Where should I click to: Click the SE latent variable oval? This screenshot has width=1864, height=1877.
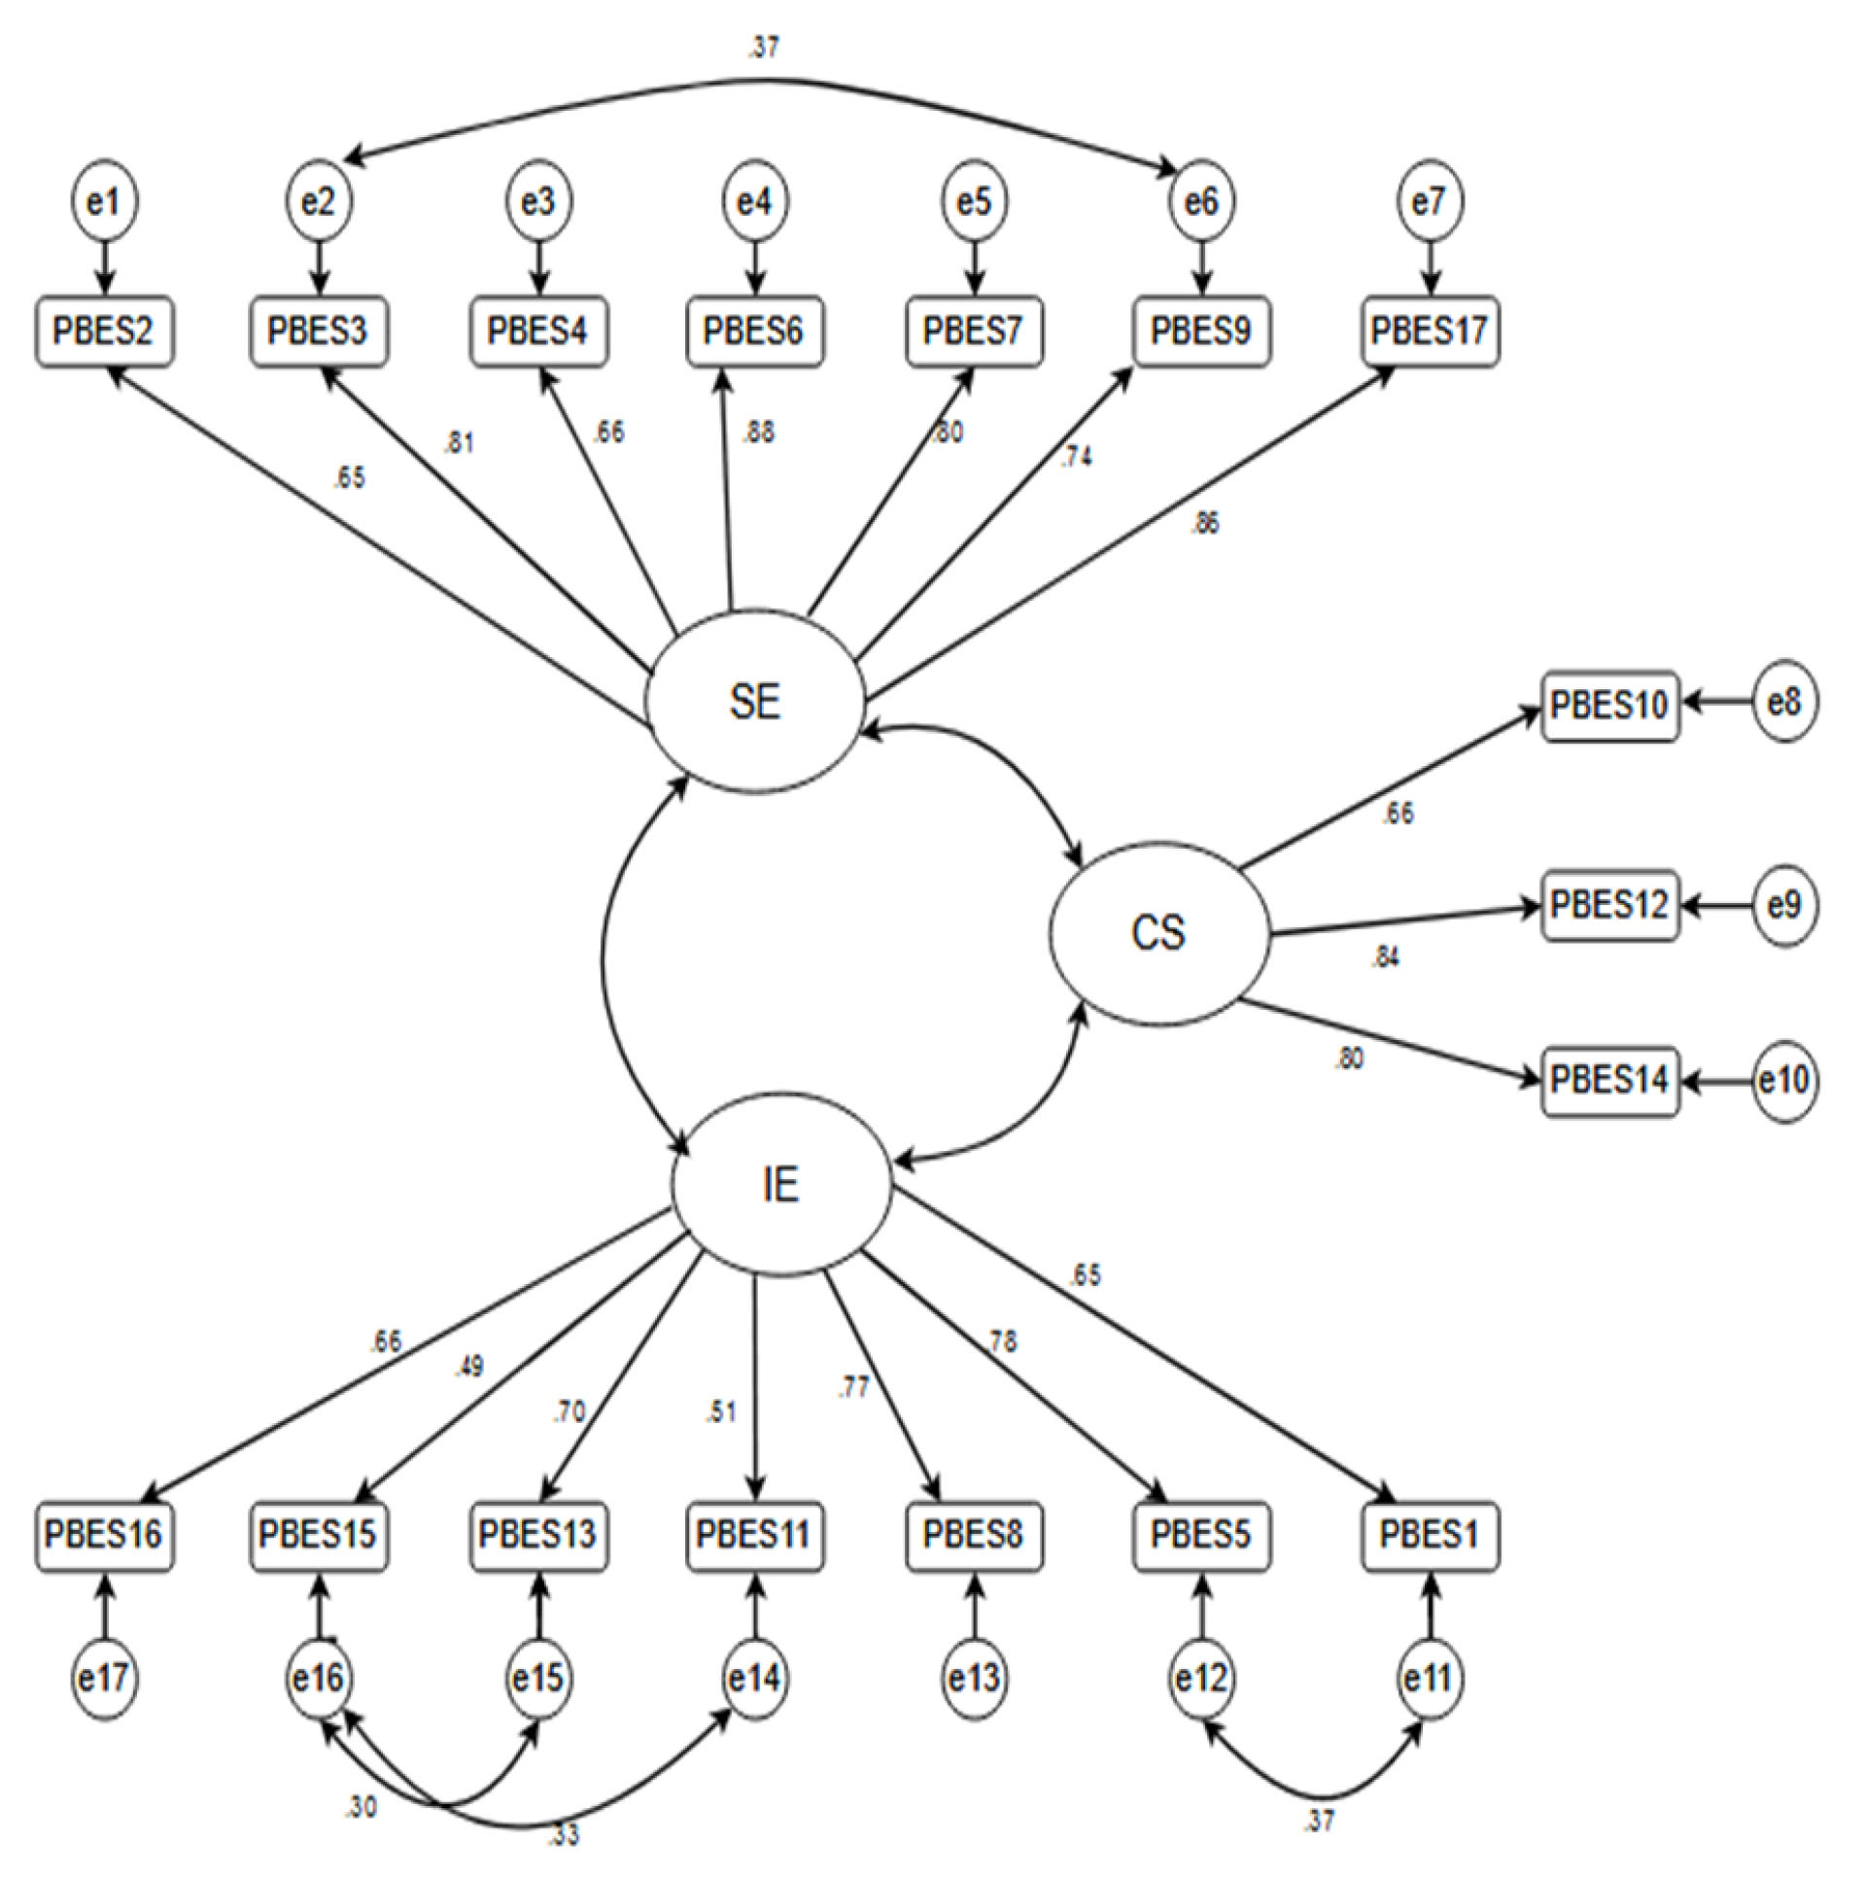(x=755, y=701)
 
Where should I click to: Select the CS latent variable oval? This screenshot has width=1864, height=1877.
(x=1158, y=933)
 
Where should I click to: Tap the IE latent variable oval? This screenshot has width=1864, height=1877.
(x=781, y=1185)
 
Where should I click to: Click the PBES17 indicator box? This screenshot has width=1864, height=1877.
(x=1429, y=331)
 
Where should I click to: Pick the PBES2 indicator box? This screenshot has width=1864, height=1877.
(x=105, y=331)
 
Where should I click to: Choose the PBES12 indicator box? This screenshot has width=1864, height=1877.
(x=1609, y=905)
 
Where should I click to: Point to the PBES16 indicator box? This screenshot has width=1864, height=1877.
(x=105, y=1535)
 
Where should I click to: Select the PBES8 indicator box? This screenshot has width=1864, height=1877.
(x=974, y=1535)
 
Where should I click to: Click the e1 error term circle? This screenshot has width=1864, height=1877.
(x=105, y=201)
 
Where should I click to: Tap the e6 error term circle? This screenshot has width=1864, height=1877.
(x=1202, y=201)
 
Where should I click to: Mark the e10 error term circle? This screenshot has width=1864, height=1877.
(x=1784, y=1080)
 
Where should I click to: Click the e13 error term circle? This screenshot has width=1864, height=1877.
(x=974, y=1678)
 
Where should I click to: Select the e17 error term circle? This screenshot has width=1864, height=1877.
(x=105, y=1678)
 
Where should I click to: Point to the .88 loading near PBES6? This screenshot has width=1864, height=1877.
(x=759, y=433)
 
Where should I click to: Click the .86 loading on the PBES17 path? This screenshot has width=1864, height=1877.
(x=1204, y=524)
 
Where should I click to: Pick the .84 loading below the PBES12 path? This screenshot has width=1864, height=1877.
(x=1385, y=957)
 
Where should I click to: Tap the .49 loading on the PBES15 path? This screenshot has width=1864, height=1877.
(x=468, y=1367)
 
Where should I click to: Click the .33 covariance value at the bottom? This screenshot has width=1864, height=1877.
(x=564, y=1835)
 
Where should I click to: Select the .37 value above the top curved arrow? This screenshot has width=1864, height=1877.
(x=764, y=48)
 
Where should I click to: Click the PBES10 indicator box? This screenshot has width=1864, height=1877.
(x=1609, y=704)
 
